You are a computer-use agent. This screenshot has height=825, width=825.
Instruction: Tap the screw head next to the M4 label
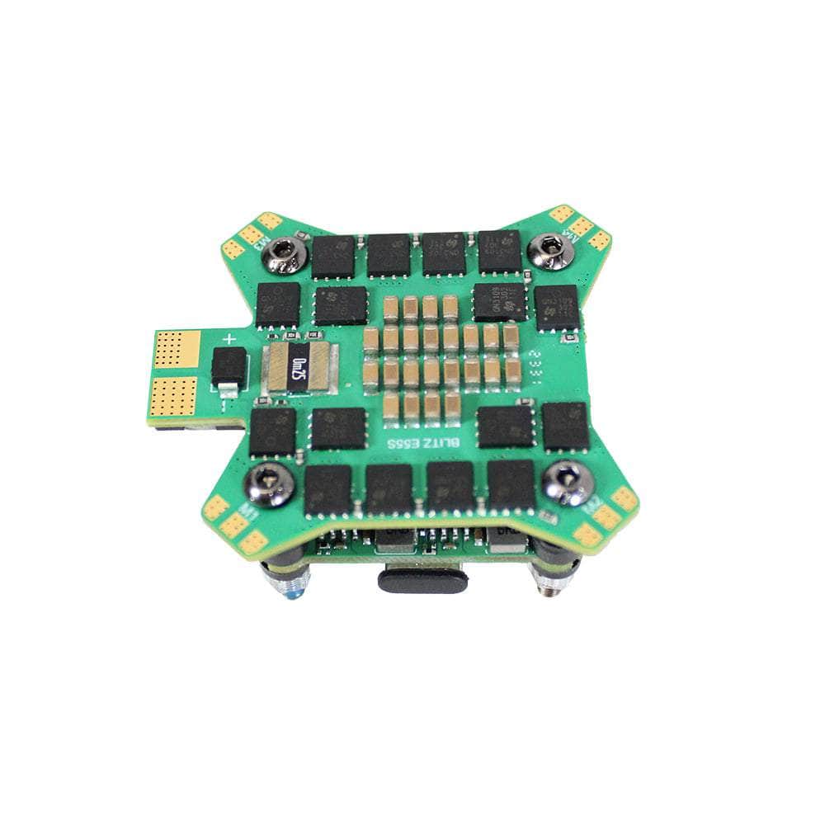point(550,247)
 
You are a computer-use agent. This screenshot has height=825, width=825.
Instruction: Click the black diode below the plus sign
point(228,368)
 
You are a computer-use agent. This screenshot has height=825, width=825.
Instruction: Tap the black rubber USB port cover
point(422,578)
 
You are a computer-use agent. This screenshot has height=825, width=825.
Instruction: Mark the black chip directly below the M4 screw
point(556,307)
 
